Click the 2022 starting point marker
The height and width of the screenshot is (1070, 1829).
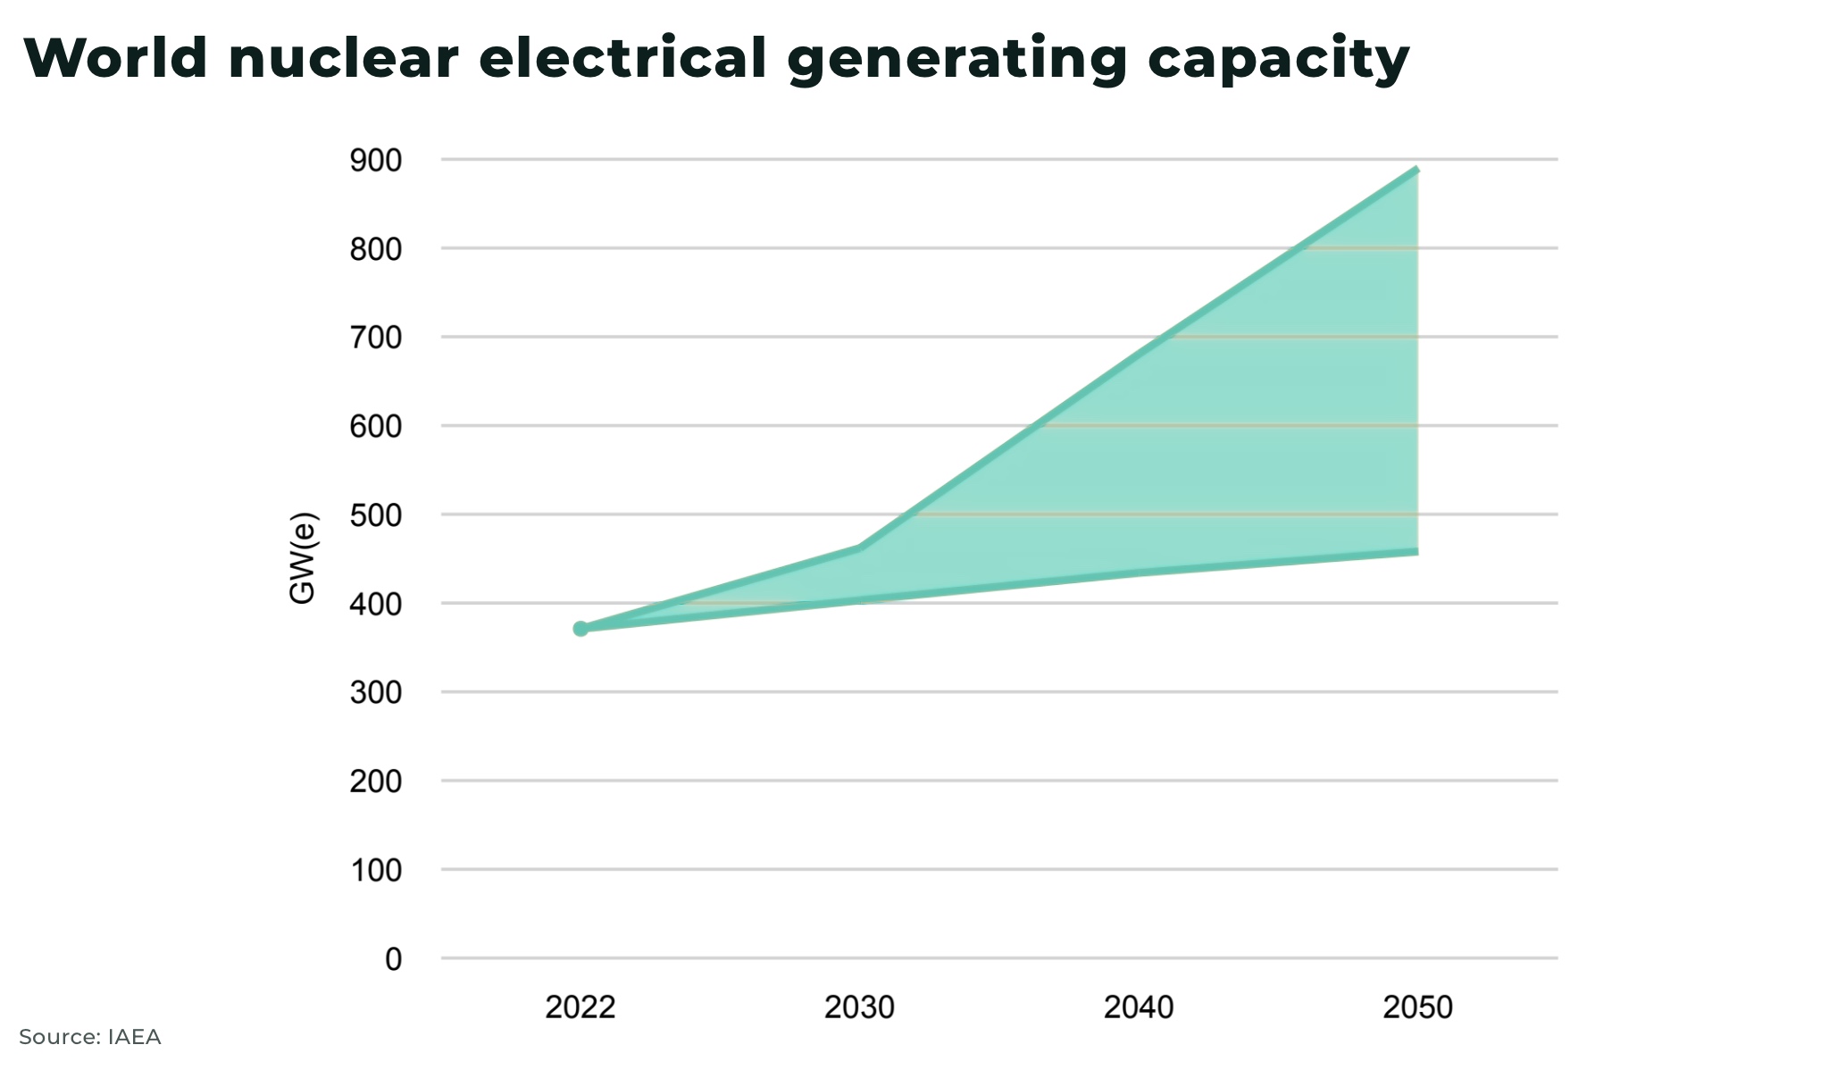[x=580, y=629]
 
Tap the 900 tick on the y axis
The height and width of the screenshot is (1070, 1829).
[x=376, y=161]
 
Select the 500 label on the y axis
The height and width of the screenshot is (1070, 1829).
[x=376, y=515]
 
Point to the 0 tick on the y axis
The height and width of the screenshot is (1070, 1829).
[x=393, y=959]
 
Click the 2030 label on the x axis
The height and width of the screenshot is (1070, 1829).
[x=859, y=1007]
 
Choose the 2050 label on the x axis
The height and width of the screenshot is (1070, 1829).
[x=1417, y=1007]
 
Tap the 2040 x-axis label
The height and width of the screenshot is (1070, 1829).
[x=1139, y=1007]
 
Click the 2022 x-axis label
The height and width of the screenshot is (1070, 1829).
[x=580, y=1007]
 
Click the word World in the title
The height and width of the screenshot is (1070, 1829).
[x=116, y=59]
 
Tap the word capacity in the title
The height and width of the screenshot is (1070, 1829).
[x=1278, y=59]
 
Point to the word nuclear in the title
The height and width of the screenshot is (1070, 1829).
[x=343, y=59]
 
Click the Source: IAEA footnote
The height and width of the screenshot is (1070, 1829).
[x=90, y=1037]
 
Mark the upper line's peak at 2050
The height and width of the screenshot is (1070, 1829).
[x=1416, y=169]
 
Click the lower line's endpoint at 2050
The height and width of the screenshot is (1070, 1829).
[x=1416, y=552]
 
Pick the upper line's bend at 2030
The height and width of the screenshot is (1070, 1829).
[x=859, y=548]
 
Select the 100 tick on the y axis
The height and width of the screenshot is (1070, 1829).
[x=376, y=870]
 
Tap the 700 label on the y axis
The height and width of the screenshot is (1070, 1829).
[x=376, y=338]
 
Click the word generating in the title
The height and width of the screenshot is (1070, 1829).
[x=957, y=59]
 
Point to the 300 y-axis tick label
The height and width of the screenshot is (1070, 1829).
[x=376, y=692]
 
